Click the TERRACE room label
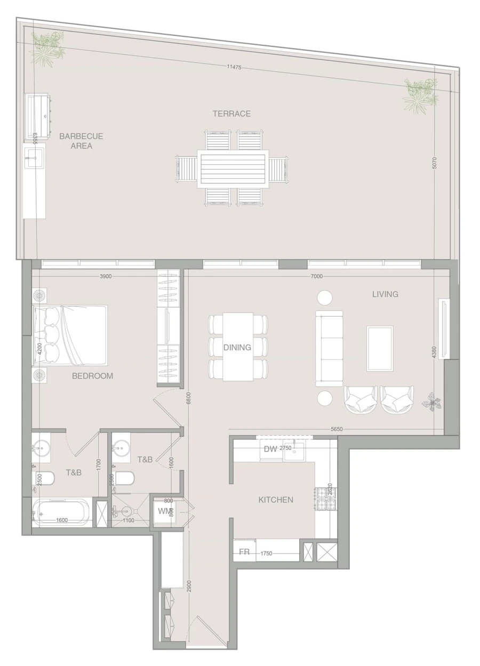coord(231,114)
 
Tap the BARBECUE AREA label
coord(81,141)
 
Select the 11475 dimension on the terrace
coord(234,67)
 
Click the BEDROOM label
coord(92,375)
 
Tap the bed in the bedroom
coord(70,336)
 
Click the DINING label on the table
coord(237,347)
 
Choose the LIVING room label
coord(385,294)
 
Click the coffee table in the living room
coord(380,348)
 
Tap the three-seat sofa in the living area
coord(329,348)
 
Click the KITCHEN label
coord(276,500)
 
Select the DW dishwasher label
coord(270,448)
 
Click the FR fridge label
coord(244,552)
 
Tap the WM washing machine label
coord(164,511)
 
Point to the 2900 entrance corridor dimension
coord(189,587)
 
